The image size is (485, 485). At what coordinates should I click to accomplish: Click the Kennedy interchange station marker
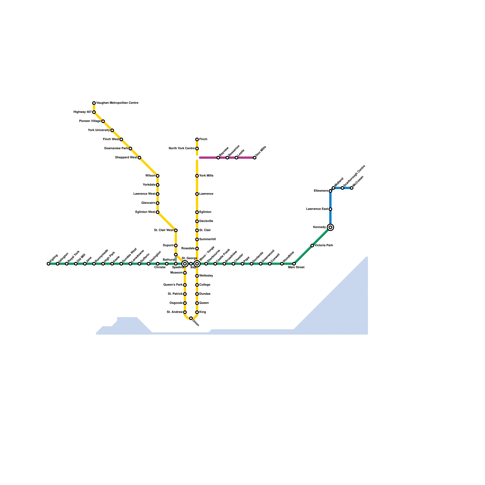click(x=330, y=227)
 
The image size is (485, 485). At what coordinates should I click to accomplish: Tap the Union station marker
click(x=191, y=318)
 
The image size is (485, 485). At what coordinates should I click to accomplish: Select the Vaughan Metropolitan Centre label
click(x=117, y=103)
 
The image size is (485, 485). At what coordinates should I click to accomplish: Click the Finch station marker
click(x=197, y=139)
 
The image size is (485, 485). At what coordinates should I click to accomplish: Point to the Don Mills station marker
click(x=255, y=158)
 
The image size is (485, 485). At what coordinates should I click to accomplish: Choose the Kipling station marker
click(x=48, y=264)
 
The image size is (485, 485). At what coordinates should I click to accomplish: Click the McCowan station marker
click(x=352, y=188)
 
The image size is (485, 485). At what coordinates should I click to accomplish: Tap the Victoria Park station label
click(x=324, y=246)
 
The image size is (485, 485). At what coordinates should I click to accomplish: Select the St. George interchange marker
click(x=185, y=264)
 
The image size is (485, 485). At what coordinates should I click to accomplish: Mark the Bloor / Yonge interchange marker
click(x=197, y=264)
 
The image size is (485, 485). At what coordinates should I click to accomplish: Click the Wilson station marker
click(x=158, y=176)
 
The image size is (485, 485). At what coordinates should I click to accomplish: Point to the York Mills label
click(x=206, y=176)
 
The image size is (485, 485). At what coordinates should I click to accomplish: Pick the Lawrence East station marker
click(x=330, y=209)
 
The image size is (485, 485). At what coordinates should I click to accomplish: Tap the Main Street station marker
click(x=294, y=264)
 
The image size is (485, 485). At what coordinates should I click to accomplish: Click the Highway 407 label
click(x=82, y=112)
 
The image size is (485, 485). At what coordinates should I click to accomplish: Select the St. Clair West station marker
click(x=176, y=230)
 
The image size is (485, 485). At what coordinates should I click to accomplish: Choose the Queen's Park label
click(x=173, y=285)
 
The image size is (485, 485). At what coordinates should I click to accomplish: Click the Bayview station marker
click(x=218, y=158)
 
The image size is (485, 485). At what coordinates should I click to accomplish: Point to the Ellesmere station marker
click(x=330, y=191)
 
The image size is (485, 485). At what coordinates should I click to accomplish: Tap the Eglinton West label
click(x=145, y=212)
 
